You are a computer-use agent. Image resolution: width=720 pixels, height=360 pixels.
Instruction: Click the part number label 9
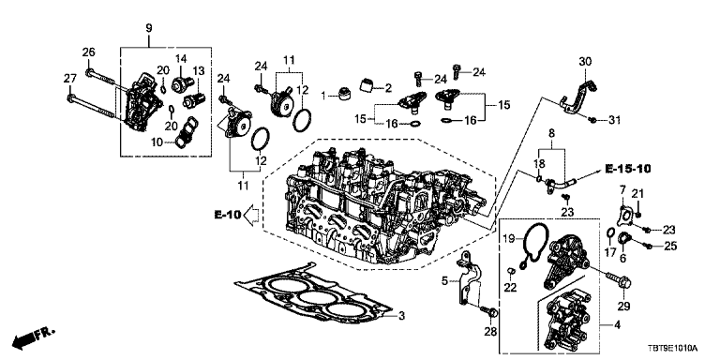tap(149, 27)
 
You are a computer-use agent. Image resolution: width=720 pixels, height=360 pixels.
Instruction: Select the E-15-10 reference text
tap(628, 169)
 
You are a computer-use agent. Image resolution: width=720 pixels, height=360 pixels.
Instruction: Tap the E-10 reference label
tap(227, 214)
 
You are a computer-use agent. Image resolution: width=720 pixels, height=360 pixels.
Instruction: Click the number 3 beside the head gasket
tap(401, 315)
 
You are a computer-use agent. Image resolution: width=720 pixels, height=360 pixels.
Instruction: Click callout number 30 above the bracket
tap(585, 61)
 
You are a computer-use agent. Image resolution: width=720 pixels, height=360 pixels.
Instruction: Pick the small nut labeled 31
tap(592, 120)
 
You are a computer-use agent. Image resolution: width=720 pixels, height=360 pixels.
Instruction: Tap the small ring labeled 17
tap(611, 233)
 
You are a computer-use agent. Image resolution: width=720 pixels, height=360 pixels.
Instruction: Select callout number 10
tap(157, 142)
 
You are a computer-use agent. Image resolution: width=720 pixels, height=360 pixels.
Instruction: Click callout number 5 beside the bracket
tap(444, 280)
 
